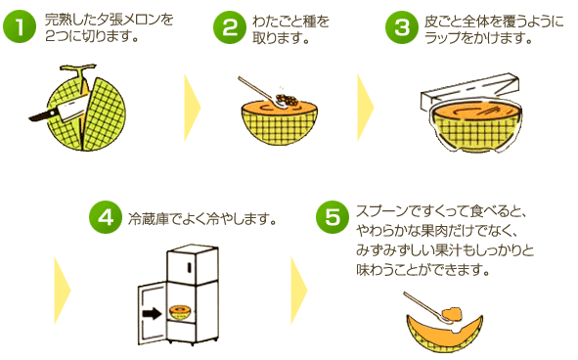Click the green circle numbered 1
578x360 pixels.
click(20, 26)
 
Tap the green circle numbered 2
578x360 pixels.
click(230, 27)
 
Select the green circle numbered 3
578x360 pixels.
click(402, 27)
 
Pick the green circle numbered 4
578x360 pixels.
click(106, 217)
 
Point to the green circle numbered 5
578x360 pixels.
click(333, 217)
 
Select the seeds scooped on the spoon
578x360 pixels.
click(287, 99)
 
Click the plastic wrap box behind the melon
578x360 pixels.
click(470, 91)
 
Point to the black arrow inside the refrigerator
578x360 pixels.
click(152, 314)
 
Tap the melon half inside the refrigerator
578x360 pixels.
click(180, 313)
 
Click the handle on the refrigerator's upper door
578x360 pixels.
click(189, 267)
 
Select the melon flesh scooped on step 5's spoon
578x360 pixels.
click(451, 314)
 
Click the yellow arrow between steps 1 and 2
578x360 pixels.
click(192, 108)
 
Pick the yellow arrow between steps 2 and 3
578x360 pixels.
click(366, 108)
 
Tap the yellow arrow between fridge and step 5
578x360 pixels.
click(298, 291)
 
